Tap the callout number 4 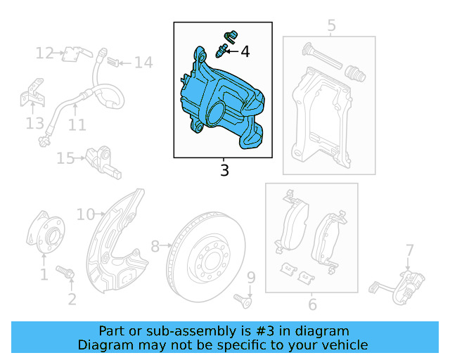click(245, 51)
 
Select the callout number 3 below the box click(224, 170)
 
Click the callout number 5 click(331, 26)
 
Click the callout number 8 click(155, 246)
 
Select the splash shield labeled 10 click(116, 239)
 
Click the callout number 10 click(85, 214)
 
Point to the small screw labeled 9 click(246, 300)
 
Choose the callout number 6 click(312, 304)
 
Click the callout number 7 click(409, 249)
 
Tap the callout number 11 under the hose click(77, 125)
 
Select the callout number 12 click(45, 53)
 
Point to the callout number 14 click(143, 63)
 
